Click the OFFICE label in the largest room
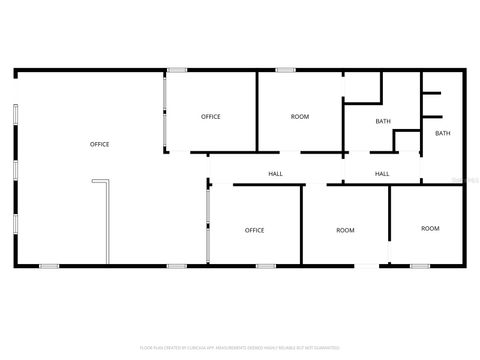click(100, 145)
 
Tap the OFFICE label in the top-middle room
click(211, 117)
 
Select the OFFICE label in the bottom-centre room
click(255, 231)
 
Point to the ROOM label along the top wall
click(300, 117)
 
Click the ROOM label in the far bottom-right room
click(430, 229)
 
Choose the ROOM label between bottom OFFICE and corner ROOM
click(345, 231)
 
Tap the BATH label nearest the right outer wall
click(442, 133)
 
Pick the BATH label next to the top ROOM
click(383, 122)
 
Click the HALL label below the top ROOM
click(275, 174)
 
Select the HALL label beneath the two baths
click(382, 174)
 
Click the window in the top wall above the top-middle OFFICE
click(177, 69)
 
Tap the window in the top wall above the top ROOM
click(285, 69)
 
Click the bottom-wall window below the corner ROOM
click(420, 266)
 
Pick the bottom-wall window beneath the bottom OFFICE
click(265, 266)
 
